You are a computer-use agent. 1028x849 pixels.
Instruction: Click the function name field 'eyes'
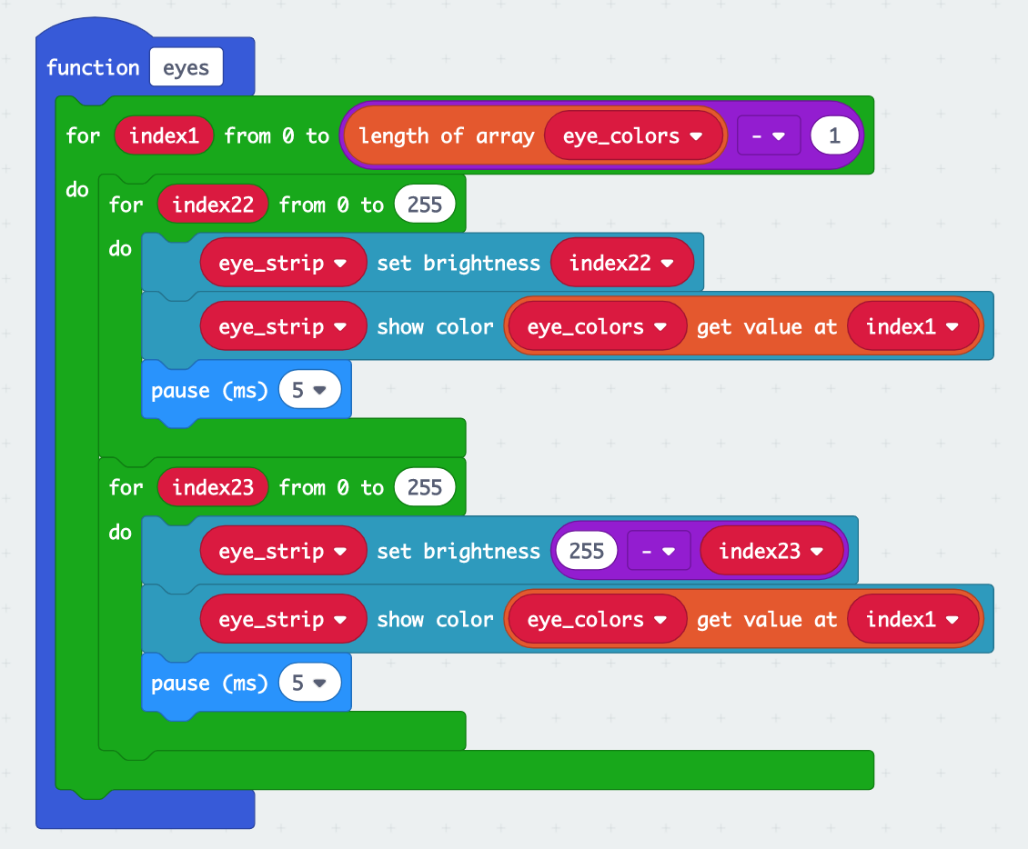click(x=186, y=68)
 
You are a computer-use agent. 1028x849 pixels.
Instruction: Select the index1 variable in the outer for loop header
click(x=164, y=136)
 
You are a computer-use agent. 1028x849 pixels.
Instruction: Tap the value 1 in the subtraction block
click(x=834, y=136)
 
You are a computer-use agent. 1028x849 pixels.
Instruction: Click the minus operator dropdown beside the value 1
click(x=768, y=136)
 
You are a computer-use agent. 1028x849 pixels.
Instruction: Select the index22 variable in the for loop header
click(x=213, y=205)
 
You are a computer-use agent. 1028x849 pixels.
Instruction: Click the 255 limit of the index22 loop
click(x=425, y=205)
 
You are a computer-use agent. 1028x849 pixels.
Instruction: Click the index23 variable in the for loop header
click(x=213, y=487)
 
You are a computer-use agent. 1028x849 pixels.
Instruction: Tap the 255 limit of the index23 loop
click(x=425, y=487)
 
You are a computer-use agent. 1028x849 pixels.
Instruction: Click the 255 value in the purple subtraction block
click(x=586, y=552)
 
